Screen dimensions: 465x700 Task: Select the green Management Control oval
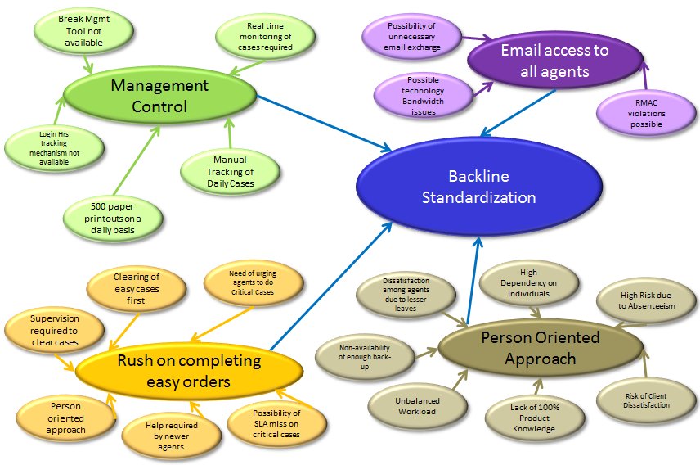click(159, 96)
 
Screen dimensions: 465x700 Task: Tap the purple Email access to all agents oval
click(554, 61)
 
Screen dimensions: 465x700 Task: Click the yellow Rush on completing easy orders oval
click(189, 371)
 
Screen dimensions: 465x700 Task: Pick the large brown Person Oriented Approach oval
click(540, 348)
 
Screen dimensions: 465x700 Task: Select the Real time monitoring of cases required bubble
click(254, 37)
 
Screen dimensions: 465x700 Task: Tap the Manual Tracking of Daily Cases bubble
click(229, 172)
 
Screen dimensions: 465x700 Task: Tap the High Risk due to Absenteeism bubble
click(646, 300)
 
